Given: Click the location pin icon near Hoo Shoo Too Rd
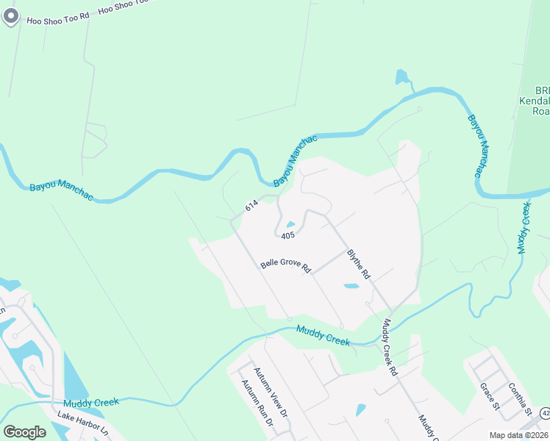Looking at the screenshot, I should click(x=10, y=17).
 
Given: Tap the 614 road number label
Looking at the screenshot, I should click(x=251, y=208).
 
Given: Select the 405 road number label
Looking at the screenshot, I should click(x=287, y=235).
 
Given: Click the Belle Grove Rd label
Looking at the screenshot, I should click(x=286, y=265).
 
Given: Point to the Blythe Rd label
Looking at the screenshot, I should click(x=358, y=262).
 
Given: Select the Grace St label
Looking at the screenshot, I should click(x=489, y=396).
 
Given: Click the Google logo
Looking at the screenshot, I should click(x=25, y=431).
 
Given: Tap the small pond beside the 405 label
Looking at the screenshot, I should click(x=290, y=225).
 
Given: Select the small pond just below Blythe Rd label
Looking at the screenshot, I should click(x=351, y=286).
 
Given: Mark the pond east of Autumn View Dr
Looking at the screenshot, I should click(x=360, y=409).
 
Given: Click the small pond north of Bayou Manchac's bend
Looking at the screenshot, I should click(x=401, y=76).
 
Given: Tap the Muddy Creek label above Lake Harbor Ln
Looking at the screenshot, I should click(x=90, y=402).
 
